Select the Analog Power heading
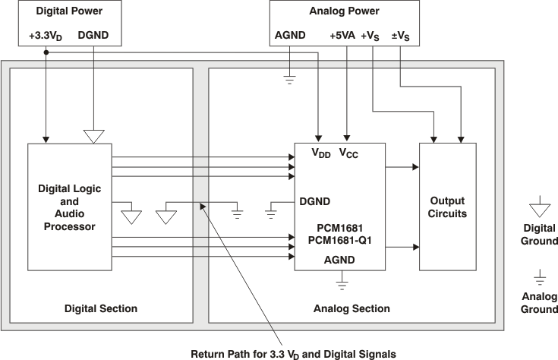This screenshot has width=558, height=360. [x=345, y=11]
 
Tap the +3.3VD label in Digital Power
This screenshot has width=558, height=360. [x=46, y=35]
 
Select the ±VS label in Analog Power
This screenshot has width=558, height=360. [x=400, y=35]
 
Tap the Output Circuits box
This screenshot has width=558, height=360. [x=447, y=207]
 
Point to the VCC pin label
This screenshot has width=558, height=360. [x=348, y=153]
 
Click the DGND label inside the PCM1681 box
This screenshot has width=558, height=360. [x=314, y=201]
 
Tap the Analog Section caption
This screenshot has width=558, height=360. [x=352, y=308]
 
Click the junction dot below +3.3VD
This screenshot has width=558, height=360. [x=46, y=52]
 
